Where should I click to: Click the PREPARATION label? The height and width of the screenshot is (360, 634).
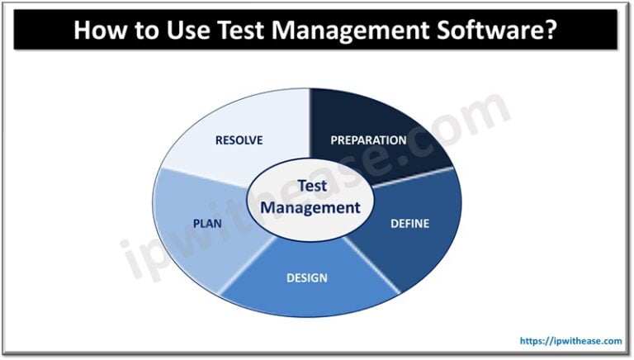(368, 140)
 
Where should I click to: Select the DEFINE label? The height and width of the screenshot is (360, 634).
(409, 224)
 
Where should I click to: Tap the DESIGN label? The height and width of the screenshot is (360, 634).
(307, 277)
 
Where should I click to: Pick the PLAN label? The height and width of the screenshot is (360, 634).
(206, 223)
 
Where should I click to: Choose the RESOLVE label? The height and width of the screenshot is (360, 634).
(239, 140)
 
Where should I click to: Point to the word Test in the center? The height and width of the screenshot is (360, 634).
(311, 186)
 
